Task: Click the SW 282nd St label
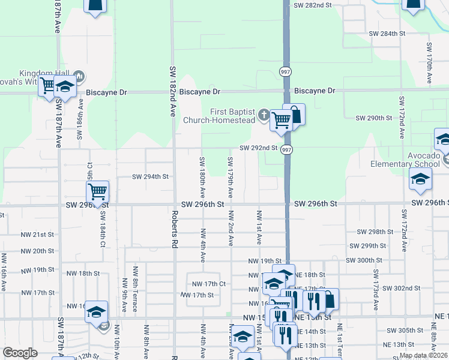[313, 5]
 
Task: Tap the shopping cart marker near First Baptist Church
[280, 121]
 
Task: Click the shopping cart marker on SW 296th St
[97, 192]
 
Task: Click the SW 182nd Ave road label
[172, 91]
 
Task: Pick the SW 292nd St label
[259, 148]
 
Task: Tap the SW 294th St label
[151, 177]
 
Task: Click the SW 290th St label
[373, 118]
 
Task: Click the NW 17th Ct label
[208, 283]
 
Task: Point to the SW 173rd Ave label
[376, 293]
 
